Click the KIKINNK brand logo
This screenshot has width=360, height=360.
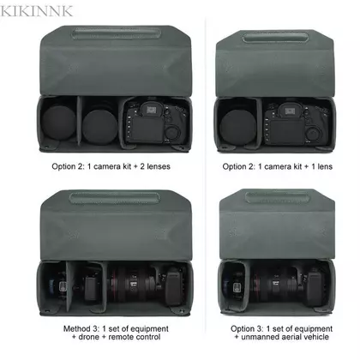(x=36, y=11)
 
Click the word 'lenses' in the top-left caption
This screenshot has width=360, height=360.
(x=159, y=166)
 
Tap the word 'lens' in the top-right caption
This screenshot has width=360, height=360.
(x=324, y=166)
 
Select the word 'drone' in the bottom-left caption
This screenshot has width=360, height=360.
(x=88, y=337)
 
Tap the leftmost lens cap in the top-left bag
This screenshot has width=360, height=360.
(x=59, y=123)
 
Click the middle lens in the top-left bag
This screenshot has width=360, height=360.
(x=99, y=125)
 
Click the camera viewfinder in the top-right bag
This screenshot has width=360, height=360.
(x=291, y=110)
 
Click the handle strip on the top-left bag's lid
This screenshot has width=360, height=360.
(x=116, y=33)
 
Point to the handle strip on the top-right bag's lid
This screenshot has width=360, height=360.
(x=275, y=38)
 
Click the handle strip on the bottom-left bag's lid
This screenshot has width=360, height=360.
(x=114, y=197)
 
